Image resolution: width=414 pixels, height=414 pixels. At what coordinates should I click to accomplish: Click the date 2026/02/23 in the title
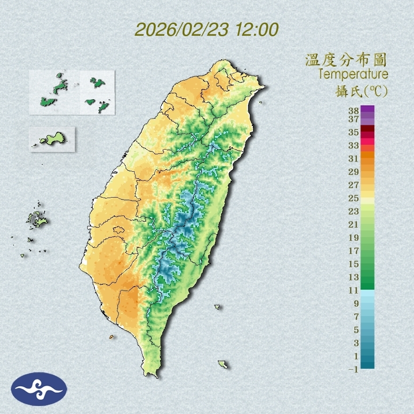pyautogui.click(x=182, y=29)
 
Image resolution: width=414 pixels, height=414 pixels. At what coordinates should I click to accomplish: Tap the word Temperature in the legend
pyautogui.click(x=353, y=74)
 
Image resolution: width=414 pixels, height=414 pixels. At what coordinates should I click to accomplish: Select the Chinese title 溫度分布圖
pyautogui.click(x=346, y=60)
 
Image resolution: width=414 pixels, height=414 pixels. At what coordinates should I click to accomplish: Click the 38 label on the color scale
pyautogui.click(x=354, y=111)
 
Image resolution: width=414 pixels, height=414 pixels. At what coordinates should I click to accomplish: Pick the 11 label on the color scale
pyautogui.click(x=354, y=290)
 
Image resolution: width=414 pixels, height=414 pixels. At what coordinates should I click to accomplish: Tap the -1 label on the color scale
pyautogui.click(x=354, y=369)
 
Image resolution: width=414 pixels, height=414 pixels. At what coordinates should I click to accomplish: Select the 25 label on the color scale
pyautogui.click(x=354, y=198)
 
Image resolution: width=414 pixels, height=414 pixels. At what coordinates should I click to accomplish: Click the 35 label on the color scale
pyautogui.click(x=354, y=132)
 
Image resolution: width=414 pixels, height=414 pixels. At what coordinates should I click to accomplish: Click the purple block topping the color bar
pyautogui.click(x=368, y=109)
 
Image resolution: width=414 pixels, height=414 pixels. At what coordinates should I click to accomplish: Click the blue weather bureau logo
pyautogui.click(x=39, y=389)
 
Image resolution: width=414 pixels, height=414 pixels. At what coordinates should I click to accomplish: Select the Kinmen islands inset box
pyautogui.click(x=52, y=139)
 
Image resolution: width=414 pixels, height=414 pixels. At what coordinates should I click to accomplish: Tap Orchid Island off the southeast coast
pyautogui.click(x=223, y=364)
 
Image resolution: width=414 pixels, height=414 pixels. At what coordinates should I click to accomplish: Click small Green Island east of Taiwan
pyautogui.click(x=217, y=307)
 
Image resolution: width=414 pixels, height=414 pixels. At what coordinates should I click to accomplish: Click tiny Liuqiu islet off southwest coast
pyautogui.click(x=111, y=337)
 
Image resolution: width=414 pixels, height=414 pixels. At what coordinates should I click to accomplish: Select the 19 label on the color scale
pyautogui.click(x=354, y=237)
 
